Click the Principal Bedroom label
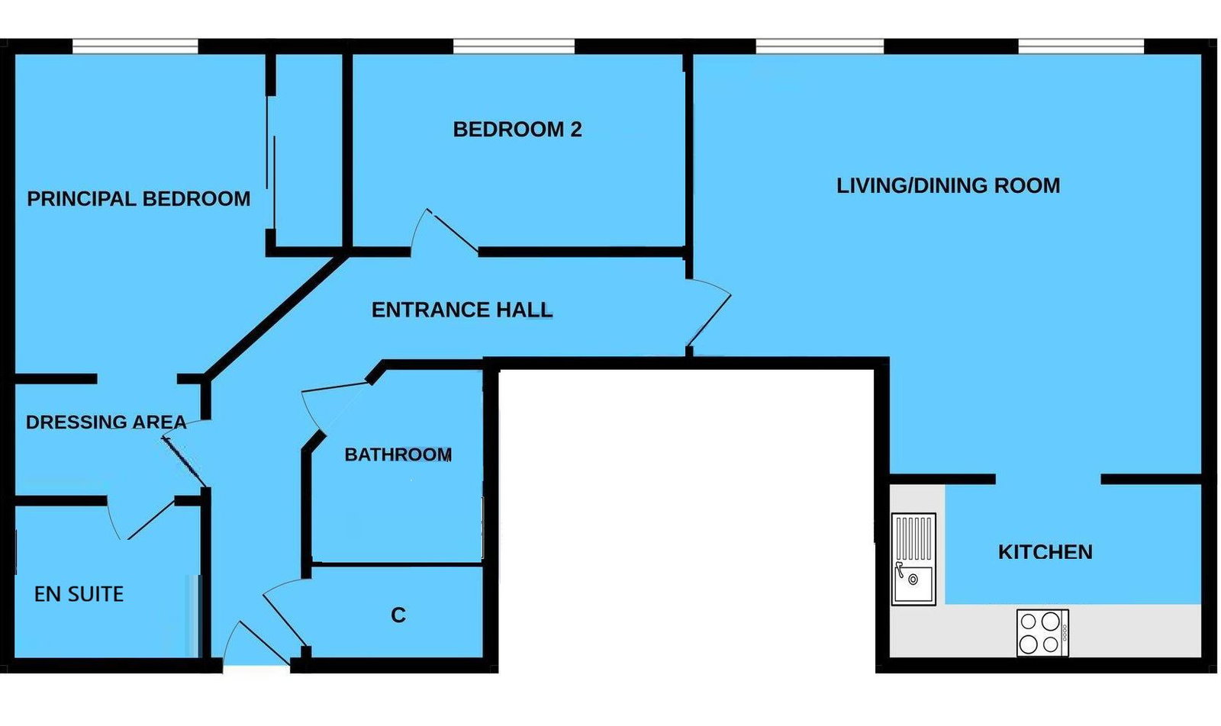tap(138, 199)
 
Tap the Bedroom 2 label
tap(517, 130)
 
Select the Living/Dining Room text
tap(949, 186)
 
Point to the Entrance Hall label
tap(462, 310)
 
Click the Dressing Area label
tap(106, 422)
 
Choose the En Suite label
tap(79, 594)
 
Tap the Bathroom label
tap(398, 455)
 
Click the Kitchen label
tap(1045, 552)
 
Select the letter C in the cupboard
tap(398, 615)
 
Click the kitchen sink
tap(913, 559)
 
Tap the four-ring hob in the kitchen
tap(1042, 633)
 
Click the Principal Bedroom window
tap(135, 47)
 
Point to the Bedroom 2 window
tap(514, 47)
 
